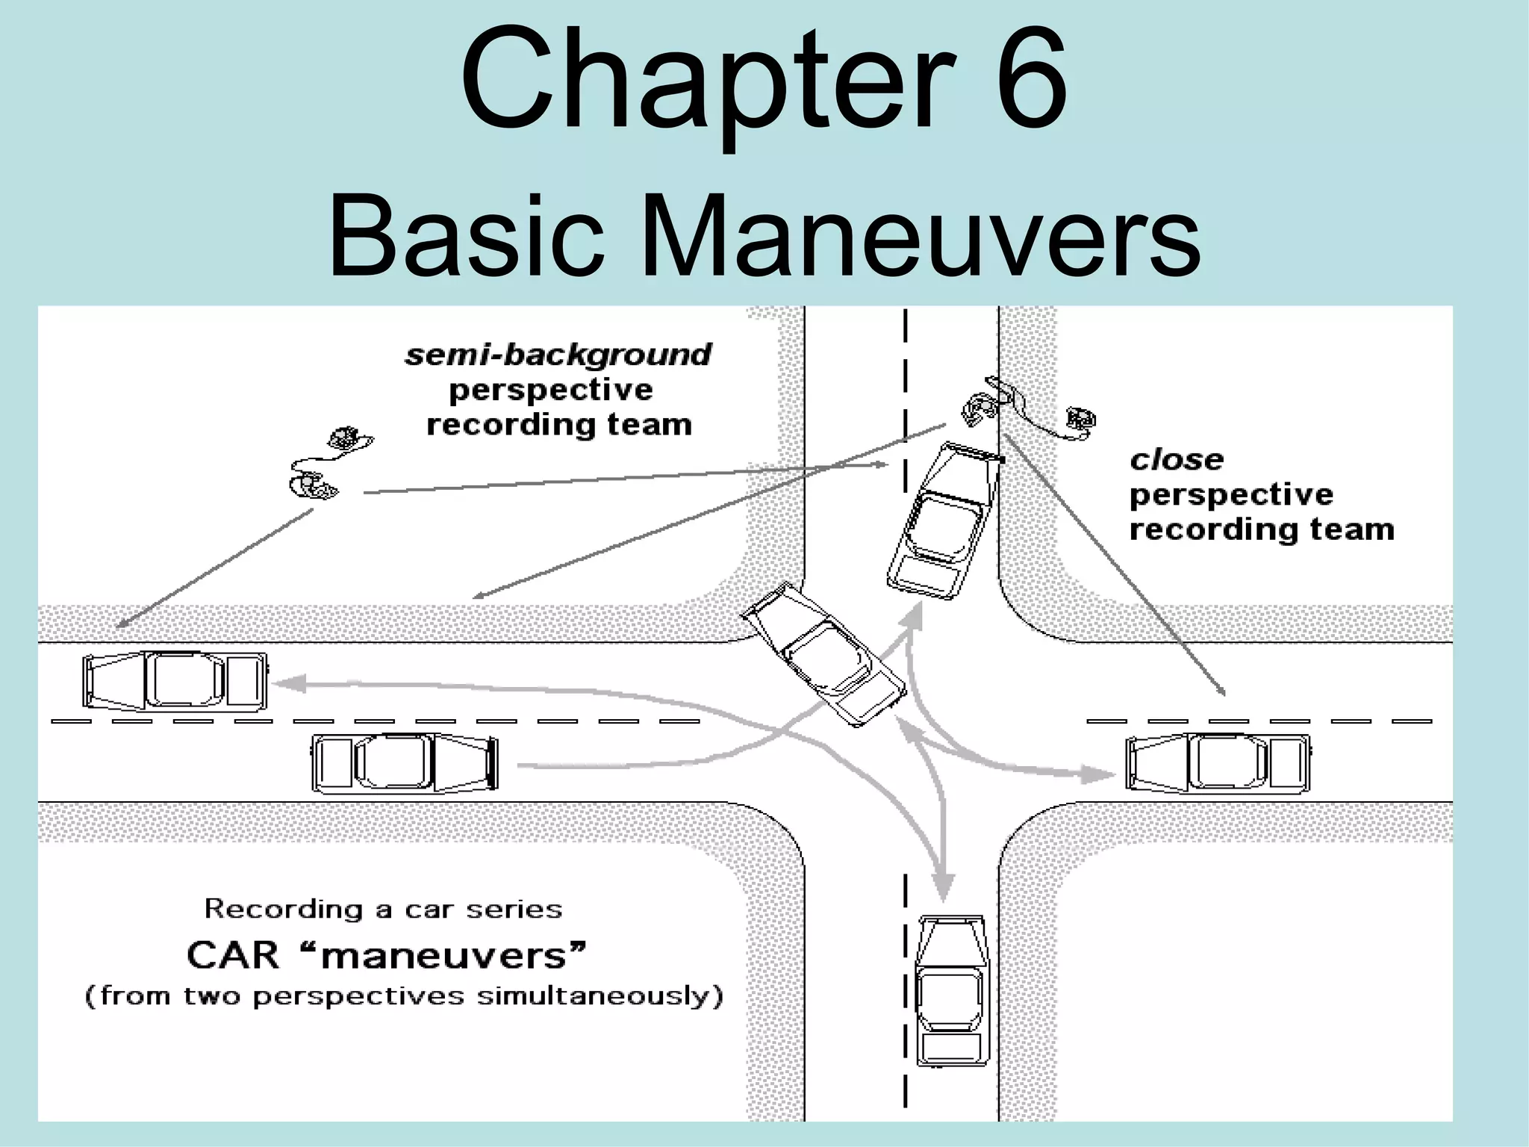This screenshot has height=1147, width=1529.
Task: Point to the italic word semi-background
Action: (558, 355)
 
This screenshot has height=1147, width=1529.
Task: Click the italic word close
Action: (1177, 460)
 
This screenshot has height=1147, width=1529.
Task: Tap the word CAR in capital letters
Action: (232, 955)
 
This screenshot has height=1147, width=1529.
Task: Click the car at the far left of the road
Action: (175, 680)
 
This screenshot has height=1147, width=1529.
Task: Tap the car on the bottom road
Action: (952, 989)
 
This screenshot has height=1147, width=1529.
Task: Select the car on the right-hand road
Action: (1218, 762)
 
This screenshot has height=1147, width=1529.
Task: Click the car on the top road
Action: (944, 520)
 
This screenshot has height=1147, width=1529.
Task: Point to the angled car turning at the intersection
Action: (823, 655)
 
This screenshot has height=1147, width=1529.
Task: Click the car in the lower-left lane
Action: (404, 762)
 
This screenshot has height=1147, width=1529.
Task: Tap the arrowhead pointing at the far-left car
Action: (291, 683)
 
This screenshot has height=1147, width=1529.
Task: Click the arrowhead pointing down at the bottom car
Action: (944, 889)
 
